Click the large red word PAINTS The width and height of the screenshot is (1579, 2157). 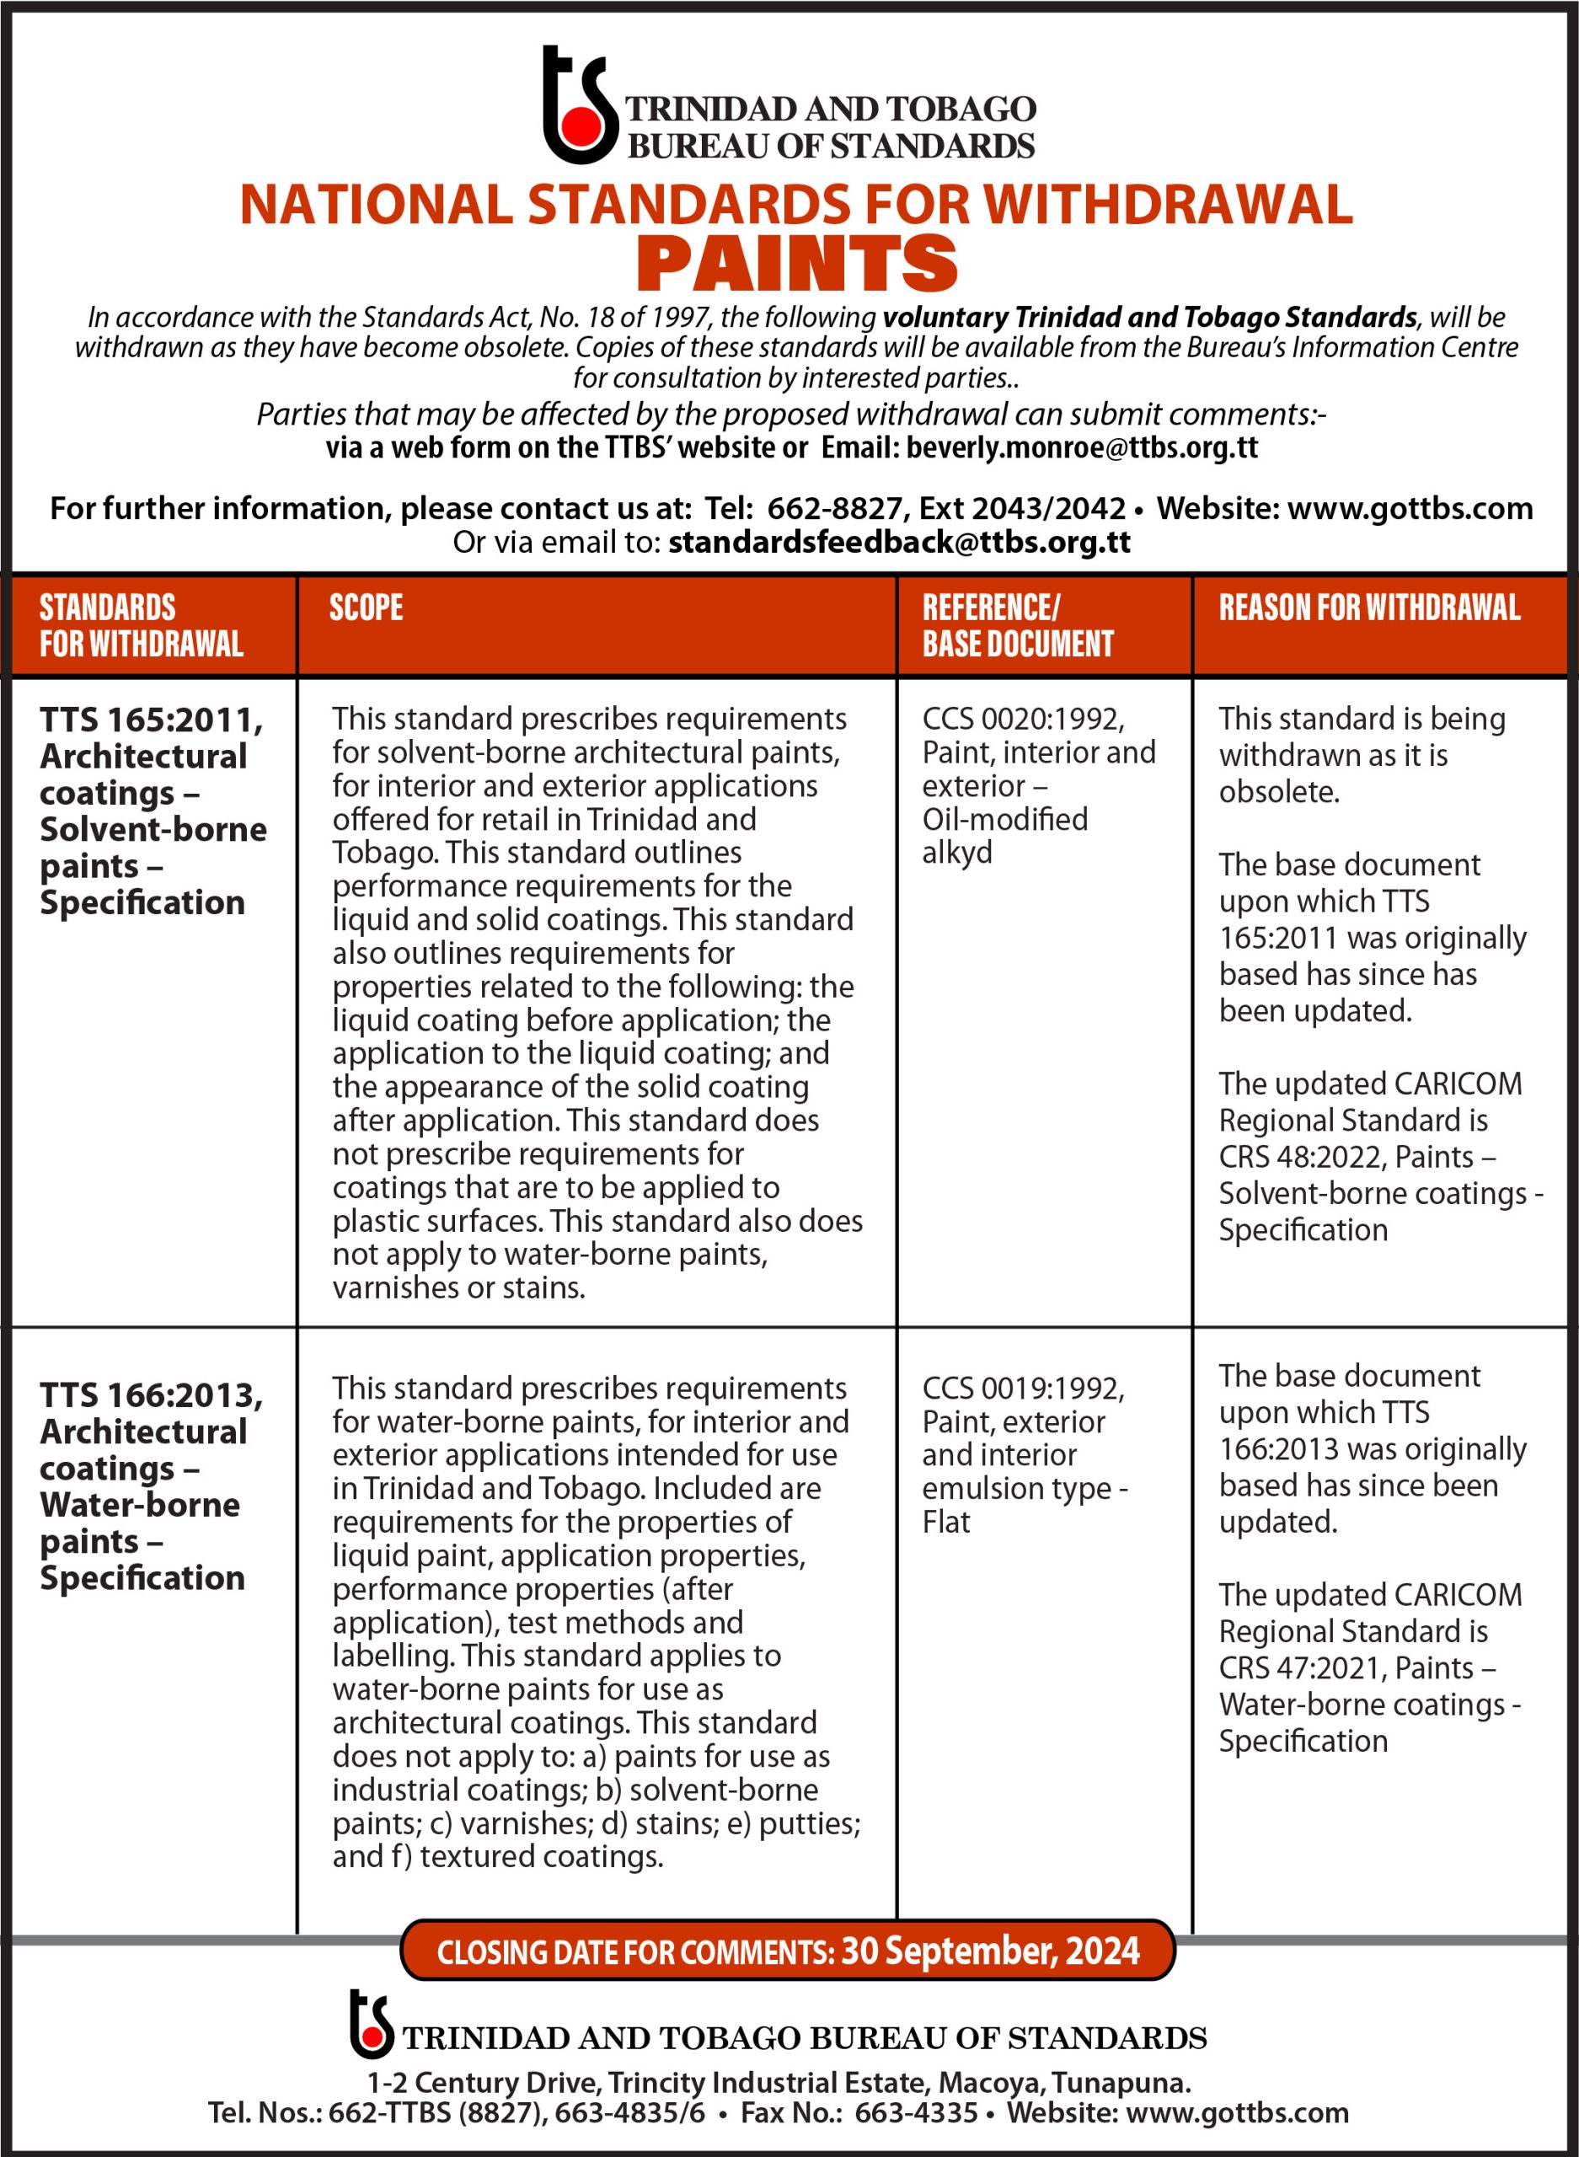pos(796,264)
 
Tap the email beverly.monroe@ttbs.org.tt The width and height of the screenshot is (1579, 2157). pos(1081,447)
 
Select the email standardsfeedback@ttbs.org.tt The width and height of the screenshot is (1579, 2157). pos(898,542)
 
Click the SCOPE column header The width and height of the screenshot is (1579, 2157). pos(366,607)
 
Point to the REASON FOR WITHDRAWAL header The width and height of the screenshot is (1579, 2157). pos(1368,607)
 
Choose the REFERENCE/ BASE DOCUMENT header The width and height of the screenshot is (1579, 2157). pos(1016,625)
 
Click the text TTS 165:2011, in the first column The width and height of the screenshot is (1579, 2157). pos(151,720)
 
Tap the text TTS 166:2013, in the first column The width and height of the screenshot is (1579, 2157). pos(151,1395)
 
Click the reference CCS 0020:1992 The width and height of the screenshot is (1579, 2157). pos(1022,719)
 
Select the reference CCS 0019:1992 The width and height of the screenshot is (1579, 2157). pos(1022,1388)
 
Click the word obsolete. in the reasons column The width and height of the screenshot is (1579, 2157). pos(1278,792)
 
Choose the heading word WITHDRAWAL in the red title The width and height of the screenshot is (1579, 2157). pos(1167,205)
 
